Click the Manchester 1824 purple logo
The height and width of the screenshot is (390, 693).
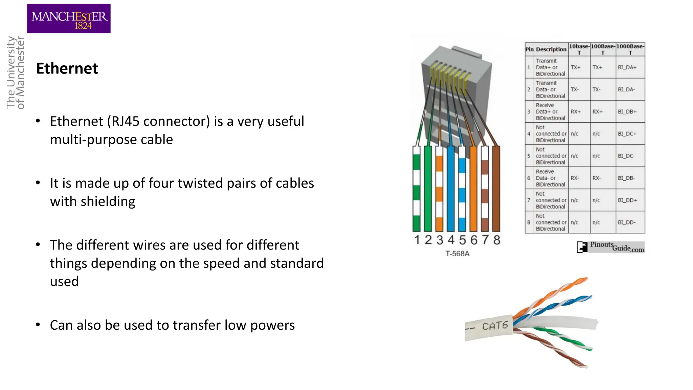[x=69, y=19]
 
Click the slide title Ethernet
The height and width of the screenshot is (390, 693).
[x=67, y=68]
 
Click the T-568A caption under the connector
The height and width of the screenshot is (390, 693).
[x=457, y=254]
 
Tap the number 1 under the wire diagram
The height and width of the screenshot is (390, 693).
[x=417, y=240]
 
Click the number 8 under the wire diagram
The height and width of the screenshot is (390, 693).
[x=496, y=240]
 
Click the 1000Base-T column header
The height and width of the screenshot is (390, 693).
[x=630, y=49]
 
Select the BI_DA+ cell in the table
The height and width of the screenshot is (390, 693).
[x=627, y=67]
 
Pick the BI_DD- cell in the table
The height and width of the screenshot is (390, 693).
[x=627, y=222]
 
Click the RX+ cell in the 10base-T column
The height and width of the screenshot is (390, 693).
[x=576, y=112]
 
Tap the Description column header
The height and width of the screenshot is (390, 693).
[x=551, y=49]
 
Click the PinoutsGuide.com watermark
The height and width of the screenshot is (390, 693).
[x=611, y=247]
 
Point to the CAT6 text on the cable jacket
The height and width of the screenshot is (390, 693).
[x=495, y=326]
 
